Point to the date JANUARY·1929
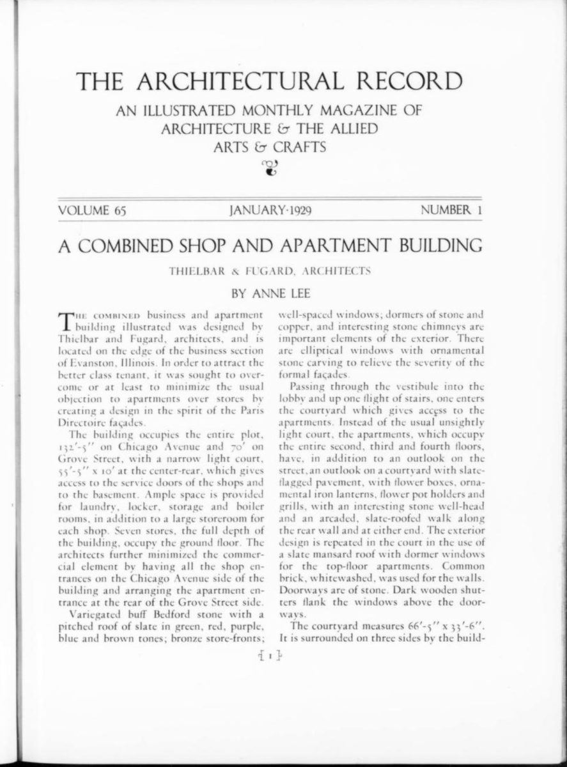tap(269, 212)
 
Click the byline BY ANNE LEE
tap(269, 295)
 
